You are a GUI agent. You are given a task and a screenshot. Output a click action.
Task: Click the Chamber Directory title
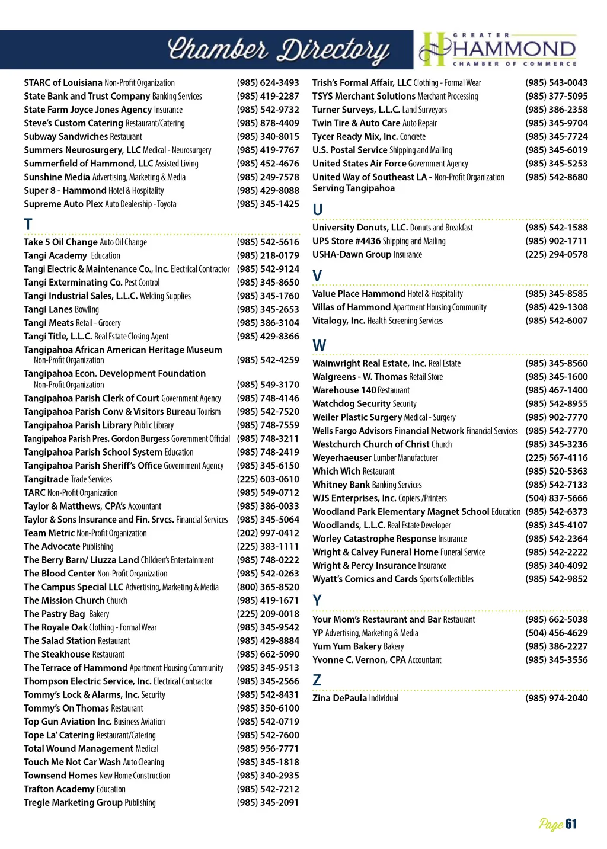pos(279,50)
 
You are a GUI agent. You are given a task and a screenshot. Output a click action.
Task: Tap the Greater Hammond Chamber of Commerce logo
pos(498,49)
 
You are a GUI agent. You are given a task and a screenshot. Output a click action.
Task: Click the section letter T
pos(28,225)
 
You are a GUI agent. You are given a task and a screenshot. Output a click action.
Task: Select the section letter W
pos(319,345)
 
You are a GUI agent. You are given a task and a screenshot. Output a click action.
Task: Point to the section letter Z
pos(317,680)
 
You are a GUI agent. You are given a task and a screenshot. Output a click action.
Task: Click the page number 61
pos(571,824)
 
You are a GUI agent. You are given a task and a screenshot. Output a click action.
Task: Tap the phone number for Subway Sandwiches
pos(268,137)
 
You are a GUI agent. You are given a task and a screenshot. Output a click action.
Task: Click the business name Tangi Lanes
pos(49,309)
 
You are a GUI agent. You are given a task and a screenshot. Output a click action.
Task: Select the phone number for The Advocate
pos(268,547)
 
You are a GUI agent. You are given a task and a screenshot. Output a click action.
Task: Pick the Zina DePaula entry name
pos(340,699)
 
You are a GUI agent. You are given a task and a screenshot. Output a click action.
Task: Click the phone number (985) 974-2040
pos(556,699)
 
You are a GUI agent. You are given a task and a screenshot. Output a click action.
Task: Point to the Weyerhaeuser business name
pos(341,458)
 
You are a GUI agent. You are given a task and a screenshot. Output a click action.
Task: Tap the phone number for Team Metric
pos(268,533)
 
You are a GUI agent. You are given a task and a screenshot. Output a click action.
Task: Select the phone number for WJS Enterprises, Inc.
pos(556,498)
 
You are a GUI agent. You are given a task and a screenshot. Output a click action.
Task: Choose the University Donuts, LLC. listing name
pos(360,228)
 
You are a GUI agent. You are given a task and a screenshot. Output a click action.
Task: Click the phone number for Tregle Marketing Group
pos(268,803)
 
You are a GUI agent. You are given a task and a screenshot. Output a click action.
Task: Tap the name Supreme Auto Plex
pos(63,204)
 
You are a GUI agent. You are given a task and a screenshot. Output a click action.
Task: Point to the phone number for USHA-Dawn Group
pos(556,255)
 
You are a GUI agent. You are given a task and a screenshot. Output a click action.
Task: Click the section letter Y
pos(317,601)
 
